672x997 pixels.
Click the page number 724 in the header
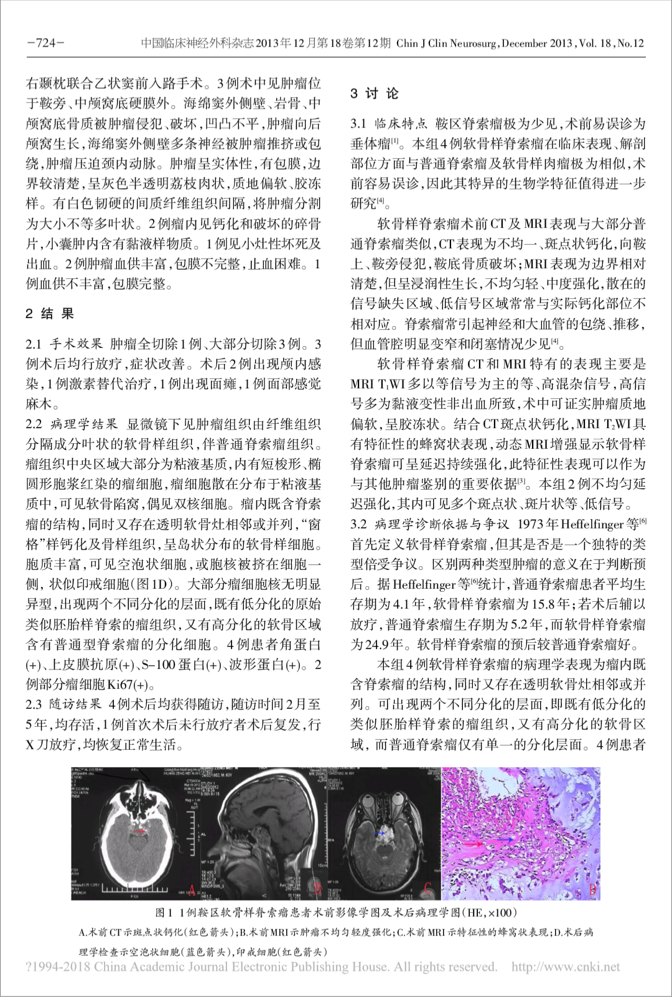pos(46,43)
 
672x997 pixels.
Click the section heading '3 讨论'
pos(374,94)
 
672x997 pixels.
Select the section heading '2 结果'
pos(50,314)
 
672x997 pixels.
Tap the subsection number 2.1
pos(34,344)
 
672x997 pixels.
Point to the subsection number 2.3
pos(34,704)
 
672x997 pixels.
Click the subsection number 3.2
pos(359,524)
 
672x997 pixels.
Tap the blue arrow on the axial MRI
pos(378,831)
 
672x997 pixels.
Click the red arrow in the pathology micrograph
pos(474,844)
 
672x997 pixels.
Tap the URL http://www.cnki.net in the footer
pos(566,967)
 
